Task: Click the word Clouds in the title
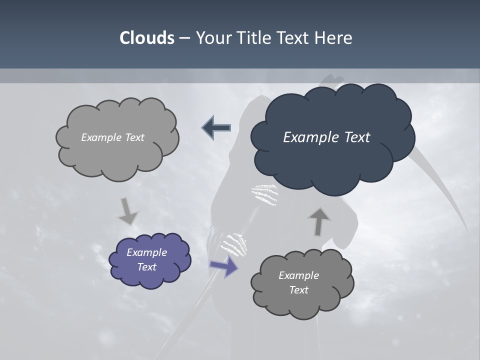click(146, 38)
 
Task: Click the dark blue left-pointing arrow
click(216, 127)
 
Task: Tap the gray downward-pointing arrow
click(128, 211)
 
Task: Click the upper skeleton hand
click(265, 194)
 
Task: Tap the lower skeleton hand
click(235, 243)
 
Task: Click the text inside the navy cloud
click(326, 137)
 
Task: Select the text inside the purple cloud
click(146, 259)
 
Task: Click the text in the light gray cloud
click(112, 137)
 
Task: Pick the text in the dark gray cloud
click(298, 282)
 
